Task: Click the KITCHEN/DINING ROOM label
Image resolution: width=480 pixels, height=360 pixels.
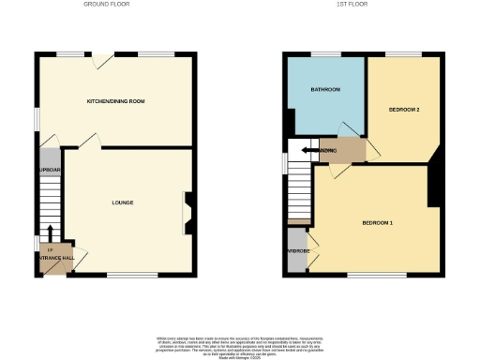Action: [x=115, y=100]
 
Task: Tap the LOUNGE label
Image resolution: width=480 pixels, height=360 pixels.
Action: [x=122, y=202]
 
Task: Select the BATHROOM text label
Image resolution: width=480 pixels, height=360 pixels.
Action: [x=325, y=90]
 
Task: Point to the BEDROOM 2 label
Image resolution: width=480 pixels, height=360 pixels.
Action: [x=403, y=110]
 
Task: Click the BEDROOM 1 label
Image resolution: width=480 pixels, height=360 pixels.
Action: [x=378, y=222]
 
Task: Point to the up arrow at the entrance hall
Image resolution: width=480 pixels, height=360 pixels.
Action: [x=50, y=248]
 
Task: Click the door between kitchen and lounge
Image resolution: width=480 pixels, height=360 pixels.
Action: [x=91, y=141]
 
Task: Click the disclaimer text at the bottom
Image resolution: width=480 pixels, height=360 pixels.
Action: [x=239, y=343]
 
